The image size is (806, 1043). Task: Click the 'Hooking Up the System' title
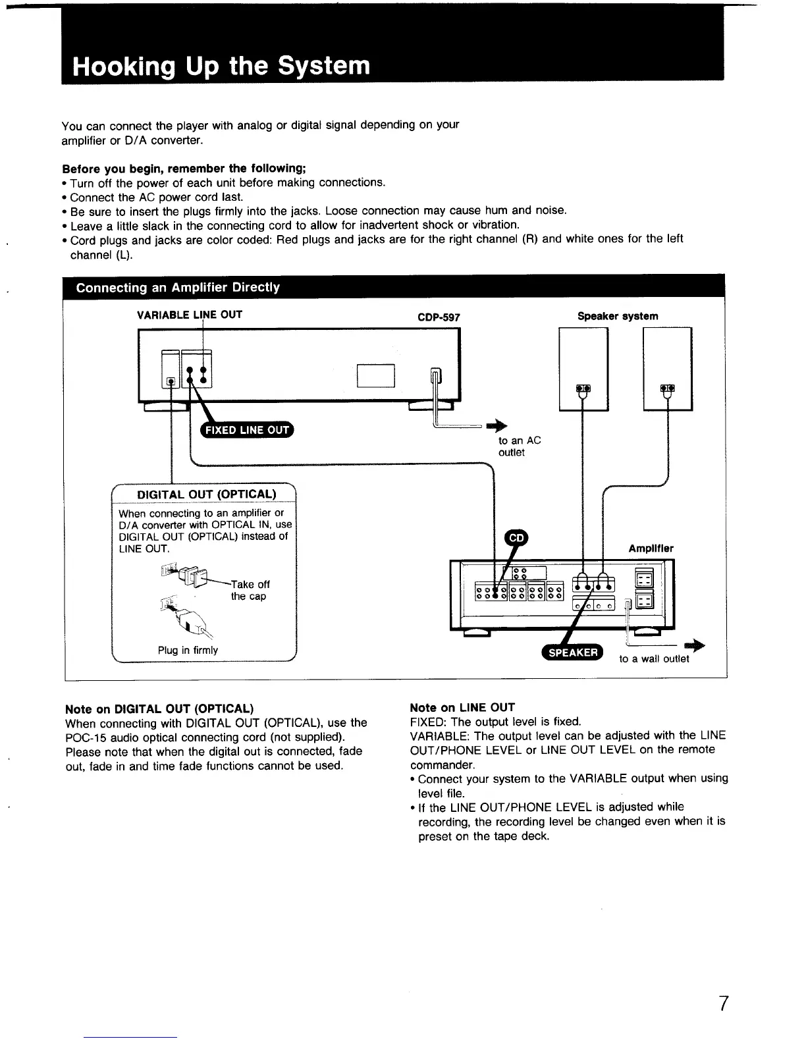click(x=221, y=67)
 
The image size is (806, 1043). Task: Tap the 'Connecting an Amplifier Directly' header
click(x=178, y=288)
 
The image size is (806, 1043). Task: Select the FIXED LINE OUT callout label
click(x=247, y=431)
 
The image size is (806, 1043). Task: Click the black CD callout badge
click(x=517, y=538)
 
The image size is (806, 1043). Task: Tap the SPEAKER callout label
click(x=572, y=652)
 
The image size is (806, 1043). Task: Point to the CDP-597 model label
click(x=439, y=317)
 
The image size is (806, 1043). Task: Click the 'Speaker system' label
click(x=618, y=316)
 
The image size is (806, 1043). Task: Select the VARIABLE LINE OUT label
click(x=190, y=315)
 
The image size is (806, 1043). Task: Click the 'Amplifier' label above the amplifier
click(x=651, y=548)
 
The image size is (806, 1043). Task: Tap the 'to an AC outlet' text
click(x=519, y=446)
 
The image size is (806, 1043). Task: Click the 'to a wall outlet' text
click(x=654, y=658)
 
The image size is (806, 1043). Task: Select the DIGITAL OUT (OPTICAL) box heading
click(x=206, y=495)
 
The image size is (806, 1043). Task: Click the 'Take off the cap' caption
click(x=250, y=590)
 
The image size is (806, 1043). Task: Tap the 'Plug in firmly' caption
click(x=188, y=650)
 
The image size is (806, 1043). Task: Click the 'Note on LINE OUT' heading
click(x=462, y=708)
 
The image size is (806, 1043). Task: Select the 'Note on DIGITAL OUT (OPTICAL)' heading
click(x=159, y=709)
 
